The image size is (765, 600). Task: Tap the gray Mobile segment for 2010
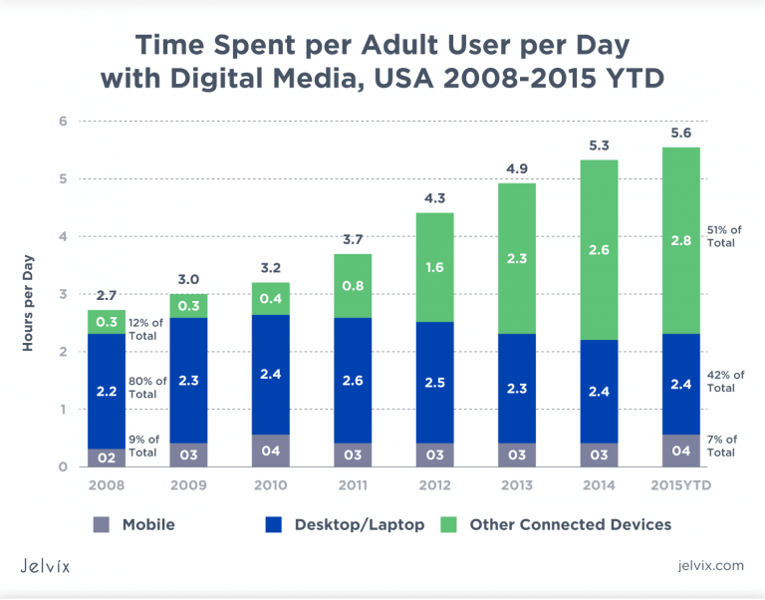coord(269,450)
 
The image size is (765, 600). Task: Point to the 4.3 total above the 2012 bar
coord(434,197)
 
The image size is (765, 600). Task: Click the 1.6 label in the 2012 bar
coord(434,267)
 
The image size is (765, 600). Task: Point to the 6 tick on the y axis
coord(62,122)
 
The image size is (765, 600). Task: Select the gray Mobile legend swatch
coord(101,524)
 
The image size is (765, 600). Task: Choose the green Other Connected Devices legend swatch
coord(450,524)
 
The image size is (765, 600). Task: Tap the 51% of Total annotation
coord(722,235)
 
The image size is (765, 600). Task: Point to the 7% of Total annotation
coord(722,446)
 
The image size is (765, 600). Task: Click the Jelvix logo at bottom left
coord(50,565)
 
